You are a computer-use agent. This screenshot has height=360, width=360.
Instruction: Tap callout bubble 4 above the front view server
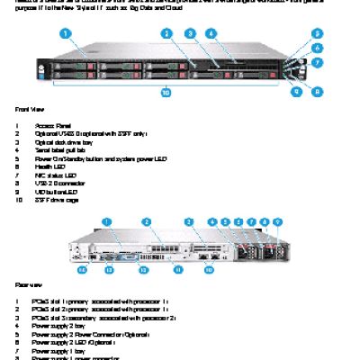(x=210, y=33)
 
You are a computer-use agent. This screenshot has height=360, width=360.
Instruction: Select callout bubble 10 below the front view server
(x=165, y=91)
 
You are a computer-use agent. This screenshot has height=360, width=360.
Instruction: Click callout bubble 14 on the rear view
(x=82, y=268)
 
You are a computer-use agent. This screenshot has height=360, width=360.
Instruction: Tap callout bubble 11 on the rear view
(x=177, y=268)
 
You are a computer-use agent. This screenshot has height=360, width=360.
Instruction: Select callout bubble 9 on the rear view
(x=277, y=220)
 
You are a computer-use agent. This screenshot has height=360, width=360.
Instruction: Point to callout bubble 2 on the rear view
(x=146, y=220)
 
